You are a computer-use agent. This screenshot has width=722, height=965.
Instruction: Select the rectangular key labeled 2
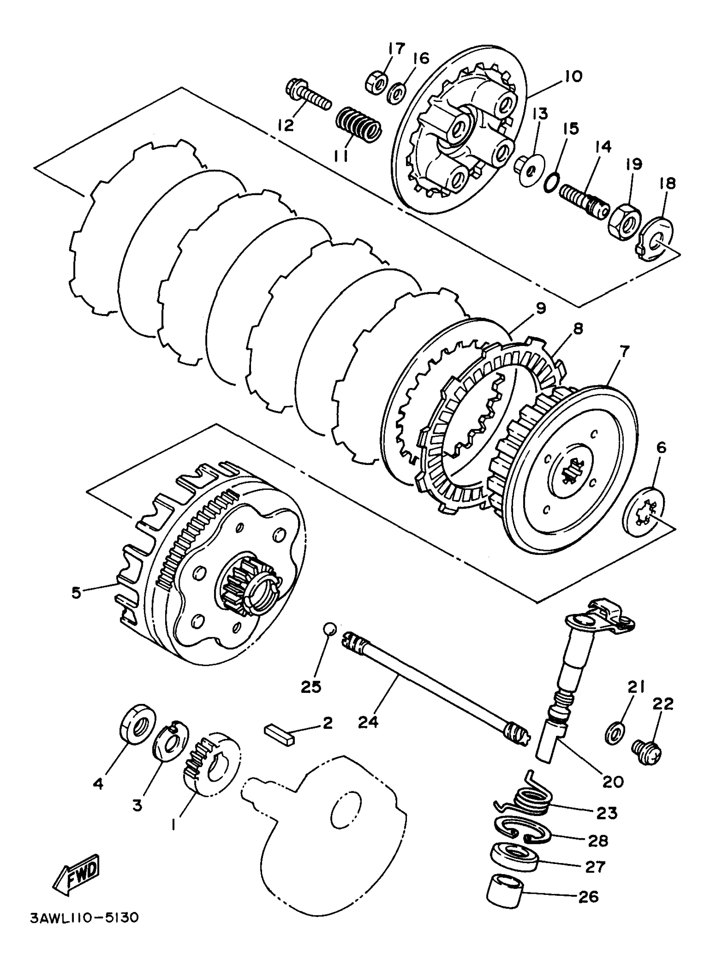pyautogui.click(x=279, y=739)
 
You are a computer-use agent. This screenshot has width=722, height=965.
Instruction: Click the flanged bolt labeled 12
pyautogui.click(x=308, y=96)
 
